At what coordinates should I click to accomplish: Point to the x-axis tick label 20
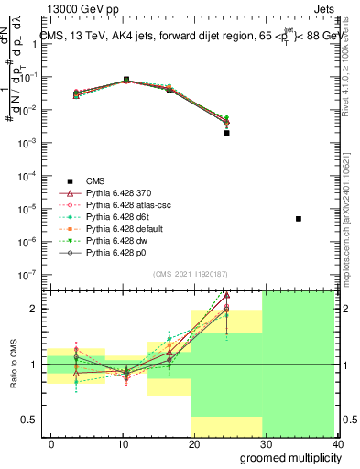(x=191, y=444)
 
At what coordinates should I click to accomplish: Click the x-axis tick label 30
(x=265, y=444)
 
